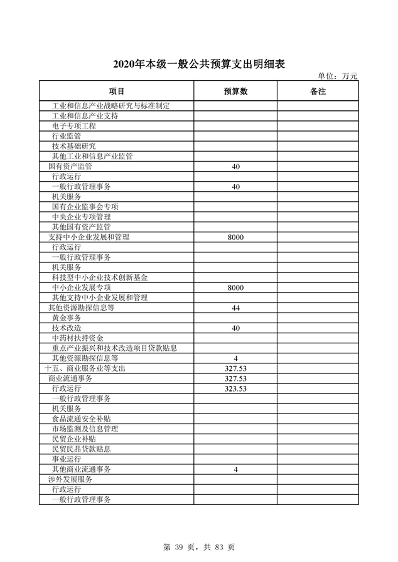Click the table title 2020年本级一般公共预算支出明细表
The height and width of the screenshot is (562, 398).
[198, 65]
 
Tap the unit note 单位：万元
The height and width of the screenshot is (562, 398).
[338, 76]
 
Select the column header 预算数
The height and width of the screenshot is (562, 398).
[235, 91]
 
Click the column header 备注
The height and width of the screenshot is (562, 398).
[318, 91]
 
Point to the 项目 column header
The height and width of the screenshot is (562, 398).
[116, 91]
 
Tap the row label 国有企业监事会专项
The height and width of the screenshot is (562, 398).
[85, 207]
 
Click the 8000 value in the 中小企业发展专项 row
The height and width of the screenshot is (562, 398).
[235, 287]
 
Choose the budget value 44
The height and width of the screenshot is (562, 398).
[235, 308]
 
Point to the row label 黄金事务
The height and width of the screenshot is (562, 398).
[67, 318]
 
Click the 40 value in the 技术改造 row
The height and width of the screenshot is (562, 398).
[235, 328]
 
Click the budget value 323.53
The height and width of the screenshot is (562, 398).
[235, 388]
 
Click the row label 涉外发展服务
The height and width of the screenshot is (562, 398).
[70, 479]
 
